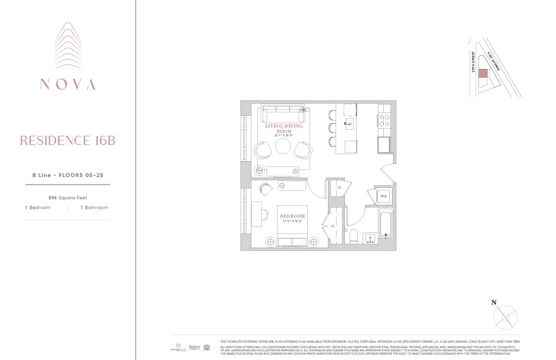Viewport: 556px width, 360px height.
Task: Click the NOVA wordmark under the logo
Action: (67, 84)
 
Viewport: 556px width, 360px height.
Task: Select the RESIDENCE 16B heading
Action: (67, 141)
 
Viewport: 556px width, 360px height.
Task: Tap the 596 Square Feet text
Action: (67, 198)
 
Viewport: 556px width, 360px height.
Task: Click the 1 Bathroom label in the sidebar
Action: (94, 207)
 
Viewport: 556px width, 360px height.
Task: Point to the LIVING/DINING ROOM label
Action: (284, 129)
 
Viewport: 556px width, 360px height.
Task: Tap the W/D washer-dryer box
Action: (383, 195)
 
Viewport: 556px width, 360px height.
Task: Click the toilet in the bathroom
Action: (353, 235)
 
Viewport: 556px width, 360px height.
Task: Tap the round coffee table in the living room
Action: (283, 147)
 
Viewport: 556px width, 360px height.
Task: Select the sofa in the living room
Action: (283, 115)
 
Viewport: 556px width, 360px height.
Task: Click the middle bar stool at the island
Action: (332, 129)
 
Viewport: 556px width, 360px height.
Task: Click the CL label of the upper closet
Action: (339, 187)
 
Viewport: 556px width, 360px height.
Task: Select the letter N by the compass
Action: (494, 303)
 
